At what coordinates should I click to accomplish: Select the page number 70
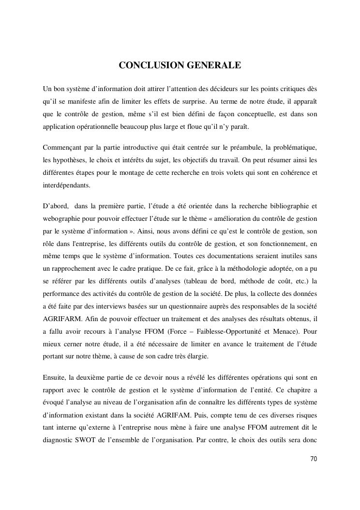[314, 459]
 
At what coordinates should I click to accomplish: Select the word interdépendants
[67, 185]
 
